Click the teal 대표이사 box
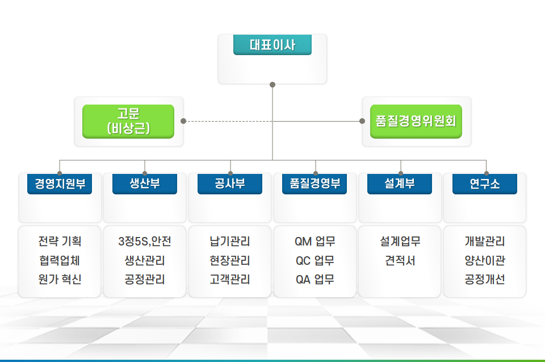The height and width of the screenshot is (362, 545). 272,44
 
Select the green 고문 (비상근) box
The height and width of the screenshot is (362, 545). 128,122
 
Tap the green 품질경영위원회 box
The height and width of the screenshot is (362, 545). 416,122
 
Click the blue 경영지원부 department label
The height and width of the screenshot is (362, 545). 60,184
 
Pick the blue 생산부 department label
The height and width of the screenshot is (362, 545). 145,184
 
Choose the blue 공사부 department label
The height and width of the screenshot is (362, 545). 230,184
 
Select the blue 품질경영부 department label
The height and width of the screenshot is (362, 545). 315,184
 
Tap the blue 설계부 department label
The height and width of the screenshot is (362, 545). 400,184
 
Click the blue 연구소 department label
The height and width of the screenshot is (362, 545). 485,184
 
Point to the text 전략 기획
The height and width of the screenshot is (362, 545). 60,241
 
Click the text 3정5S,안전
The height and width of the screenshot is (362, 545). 145,241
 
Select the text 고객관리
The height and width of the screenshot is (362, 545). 230,279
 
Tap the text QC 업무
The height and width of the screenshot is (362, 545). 315,260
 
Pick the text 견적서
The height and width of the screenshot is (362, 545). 400,260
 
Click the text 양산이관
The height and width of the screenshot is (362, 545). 485,260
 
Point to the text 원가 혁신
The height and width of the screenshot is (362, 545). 60,279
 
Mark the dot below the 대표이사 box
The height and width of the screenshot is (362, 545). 272,85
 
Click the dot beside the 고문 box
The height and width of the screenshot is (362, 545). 183,121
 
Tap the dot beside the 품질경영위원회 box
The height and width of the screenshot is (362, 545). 362,121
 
